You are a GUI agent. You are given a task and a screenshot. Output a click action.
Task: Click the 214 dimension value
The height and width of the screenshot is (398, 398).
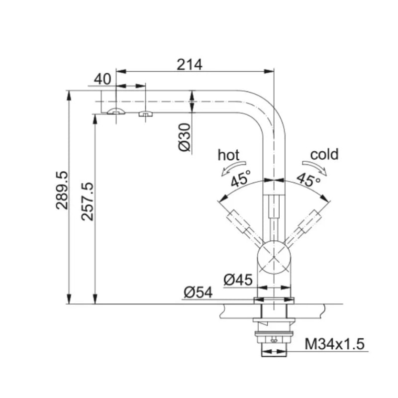pyautogui.click(x=190, y=65)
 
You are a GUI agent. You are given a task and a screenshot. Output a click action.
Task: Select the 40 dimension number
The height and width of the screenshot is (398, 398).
pyautogui.click(x=102, y=79)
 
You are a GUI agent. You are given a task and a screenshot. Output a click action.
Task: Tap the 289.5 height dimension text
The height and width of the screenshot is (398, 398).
pyautogui.click(x=62, y=191)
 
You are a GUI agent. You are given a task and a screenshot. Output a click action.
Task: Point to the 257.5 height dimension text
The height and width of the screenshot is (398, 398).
pyautogui.click(x=88, y=201)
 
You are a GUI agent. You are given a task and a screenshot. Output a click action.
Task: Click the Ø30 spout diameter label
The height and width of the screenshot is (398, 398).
pyautogui.click(x=185, y=137)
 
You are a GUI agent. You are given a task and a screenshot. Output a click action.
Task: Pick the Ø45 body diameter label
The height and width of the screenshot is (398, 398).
pyautogui.click(x=238, y=280)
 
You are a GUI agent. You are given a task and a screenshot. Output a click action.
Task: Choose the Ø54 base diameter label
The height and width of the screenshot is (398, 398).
pyautogui.click(x=198, y=293)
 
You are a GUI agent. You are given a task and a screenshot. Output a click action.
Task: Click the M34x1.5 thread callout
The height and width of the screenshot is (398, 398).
pyautogui.click(x=334, y=344)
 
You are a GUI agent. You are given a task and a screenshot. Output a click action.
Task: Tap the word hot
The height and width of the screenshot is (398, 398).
pyautogui.click(x=228, y=155)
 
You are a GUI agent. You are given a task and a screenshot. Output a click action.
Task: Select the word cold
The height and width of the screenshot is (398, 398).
pyautogui.click(x=324, y=154)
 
